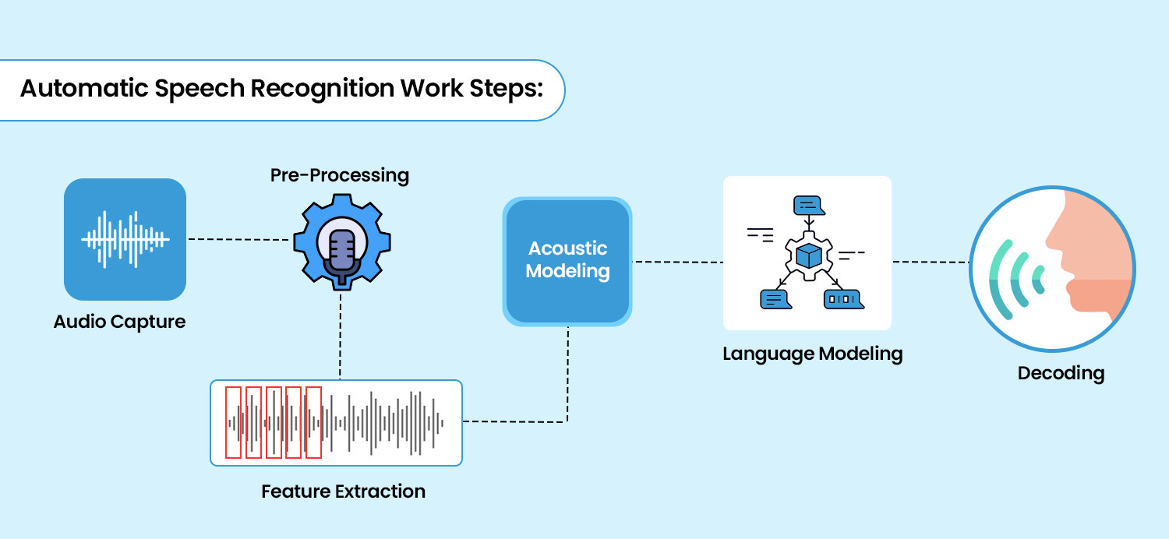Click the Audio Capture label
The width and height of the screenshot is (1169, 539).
119,321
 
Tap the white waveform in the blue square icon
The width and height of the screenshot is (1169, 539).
125,239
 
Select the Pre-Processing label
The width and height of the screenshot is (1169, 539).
339,175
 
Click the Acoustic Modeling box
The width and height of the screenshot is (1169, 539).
567,260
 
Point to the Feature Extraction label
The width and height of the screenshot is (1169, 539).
343,491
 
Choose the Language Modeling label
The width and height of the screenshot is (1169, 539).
812,354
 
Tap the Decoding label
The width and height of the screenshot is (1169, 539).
1061,373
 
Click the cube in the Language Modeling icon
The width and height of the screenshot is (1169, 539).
810,255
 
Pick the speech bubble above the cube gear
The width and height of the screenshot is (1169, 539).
808,206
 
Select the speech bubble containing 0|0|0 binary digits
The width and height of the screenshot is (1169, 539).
842,298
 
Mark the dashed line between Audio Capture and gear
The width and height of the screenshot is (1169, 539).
238,239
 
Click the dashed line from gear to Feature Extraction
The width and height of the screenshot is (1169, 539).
341,335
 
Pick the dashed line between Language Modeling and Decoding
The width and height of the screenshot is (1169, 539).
931,262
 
